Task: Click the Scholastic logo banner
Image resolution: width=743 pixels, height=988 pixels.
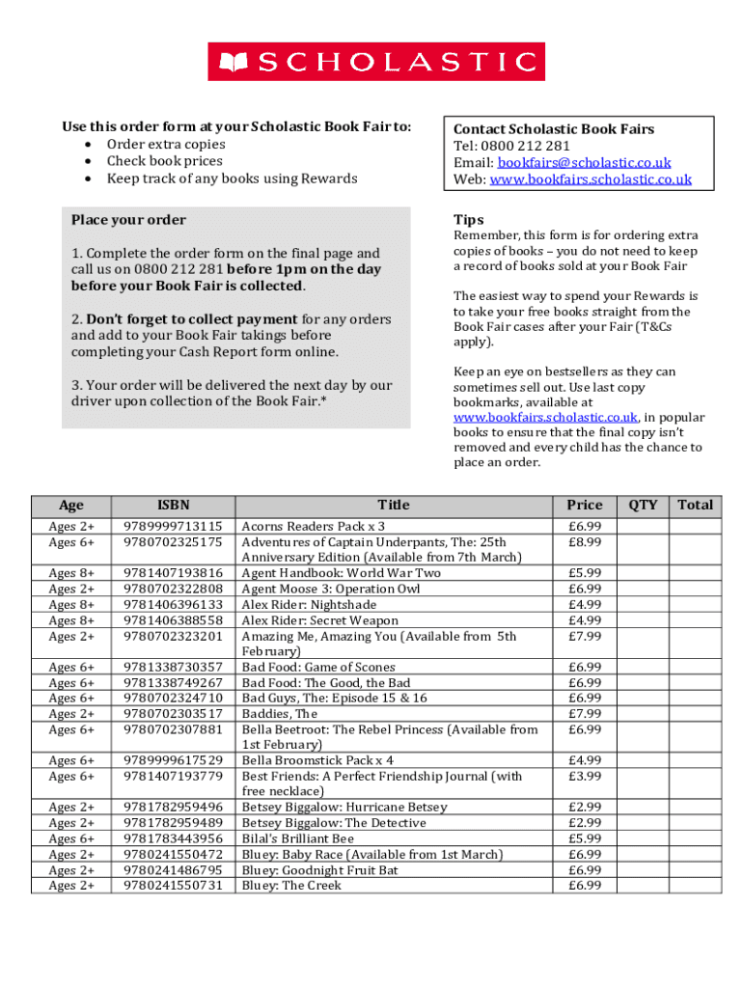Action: pyautogui.click(x=376, y=63)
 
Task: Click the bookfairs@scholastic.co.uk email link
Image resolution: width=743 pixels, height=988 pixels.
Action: pyautogui.click(x=584, y=163)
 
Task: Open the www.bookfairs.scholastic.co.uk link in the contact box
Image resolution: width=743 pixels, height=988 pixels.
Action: pyautogui.click(x=591, y=179)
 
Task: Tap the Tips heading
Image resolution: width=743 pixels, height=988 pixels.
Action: pyautogui.click(x=469, y=220)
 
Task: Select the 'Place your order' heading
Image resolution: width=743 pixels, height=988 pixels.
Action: pyautogui.click(x=128, y=220)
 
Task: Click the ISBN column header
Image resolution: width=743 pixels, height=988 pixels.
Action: pyautogui.click(x=174, y=505)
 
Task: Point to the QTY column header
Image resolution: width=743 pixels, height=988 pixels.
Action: pyautogui.click(x=643, y=505)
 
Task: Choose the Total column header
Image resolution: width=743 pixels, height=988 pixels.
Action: pyautogui.click(x=695, y=505)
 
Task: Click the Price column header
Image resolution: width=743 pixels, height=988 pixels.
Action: pyautogui.click(x=585, y=505)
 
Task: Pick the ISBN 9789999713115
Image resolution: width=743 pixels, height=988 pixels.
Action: pyautogui.click(x=174, y=527)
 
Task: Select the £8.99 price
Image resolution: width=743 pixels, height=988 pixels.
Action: pyautogui.click(x=585, y=542)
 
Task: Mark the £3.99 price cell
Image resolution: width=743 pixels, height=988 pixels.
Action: pyautogui.click(x=585, y=776)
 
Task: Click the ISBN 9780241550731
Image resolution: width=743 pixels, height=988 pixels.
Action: pyautogui.click(x=174, y=886)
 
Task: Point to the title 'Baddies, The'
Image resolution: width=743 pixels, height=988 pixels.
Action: pyautogui.click(x=279, y=714)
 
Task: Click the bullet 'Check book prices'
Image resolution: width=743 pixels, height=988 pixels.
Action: pyautogui.click(x=164, y=161)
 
